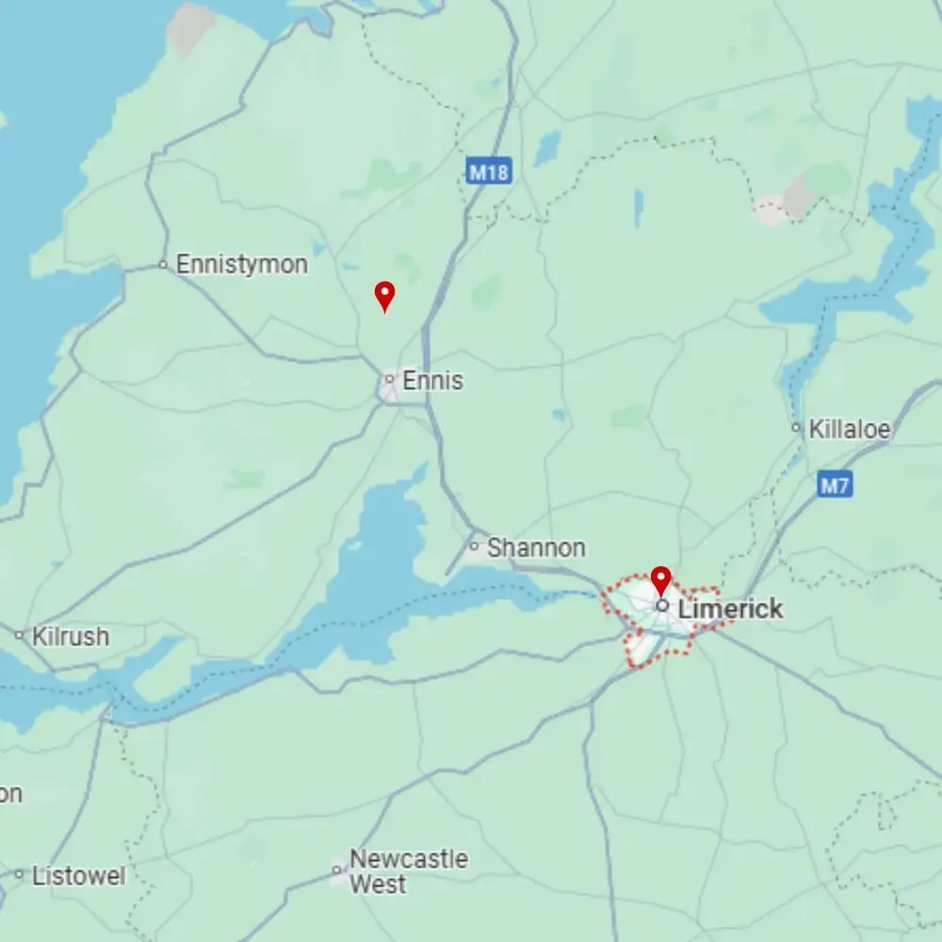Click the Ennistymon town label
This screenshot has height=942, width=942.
point(241,265)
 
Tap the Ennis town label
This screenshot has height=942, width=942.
point(432,381)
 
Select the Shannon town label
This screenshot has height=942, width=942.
point(535,547)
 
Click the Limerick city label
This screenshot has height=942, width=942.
point(730,609)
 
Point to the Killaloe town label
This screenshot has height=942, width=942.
point(849,430)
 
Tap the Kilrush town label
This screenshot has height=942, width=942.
point(71,637)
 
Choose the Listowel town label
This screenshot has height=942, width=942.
point(78,876)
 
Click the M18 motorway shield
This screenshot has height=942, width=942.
point(489,171)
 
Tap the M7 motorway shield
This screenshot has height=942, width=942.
point(835,485)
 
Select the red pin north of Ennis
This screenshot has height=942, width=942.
point(384,296)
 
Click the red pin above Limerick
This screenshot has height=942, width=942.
point(661,579)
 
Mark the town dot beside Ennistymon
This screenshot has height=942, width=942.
point(163,266)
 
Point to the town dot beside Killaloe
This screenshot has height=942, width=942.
point(797,430)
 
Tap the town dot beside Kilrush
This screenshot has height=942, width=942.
point(19,637)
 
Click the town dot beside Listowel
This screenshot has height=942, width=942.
point(19,875)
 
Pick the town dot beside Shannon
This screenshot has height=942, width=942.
point(475,546)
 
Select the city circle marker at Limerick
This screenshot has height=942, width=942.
point(662,606)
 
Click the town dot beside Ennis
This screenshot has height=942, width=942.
point(389,380)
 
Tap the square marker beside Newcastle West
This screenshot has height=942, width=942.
point(336,871)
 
